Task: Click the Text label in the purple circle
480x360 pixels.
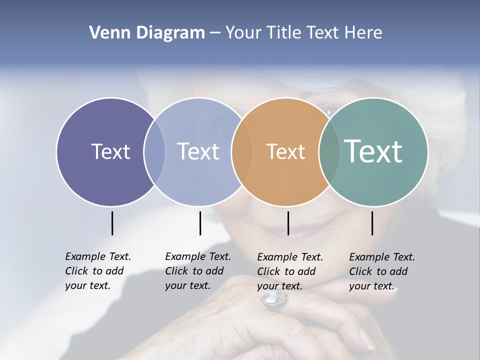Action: coord(110,151)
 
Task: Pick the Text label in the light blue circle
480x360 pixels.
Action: coord(198,151)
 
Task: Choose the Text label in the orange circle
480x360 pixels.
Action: coord(285,151)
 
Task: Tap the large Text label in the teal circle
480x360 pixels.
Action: coord(373,151)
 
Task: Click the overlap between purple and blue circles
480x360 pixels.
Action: coord(154,151)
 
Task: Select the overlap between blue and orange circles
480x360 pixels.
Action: coord(242,151)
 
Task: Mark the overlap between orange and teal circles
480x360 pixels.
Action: coord(329,151)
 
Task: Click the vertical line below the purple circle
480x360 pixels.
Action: coord(112,223)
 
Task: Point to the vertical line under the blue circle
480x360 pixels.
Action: coord(200,223)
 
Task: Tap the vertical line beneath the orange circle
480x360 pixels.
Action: coord(288,223)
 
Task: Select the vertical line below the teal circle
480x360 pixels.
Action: coord(372,223)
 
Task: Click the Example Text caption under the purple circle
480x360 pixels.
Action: coord(98,271)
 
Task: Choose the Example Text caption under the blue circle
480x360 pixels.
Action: coord(198,271)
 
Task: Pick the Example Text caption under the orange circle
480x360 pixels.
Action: coord(290,271)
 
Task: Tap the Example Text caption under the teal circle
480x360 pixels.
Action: coord(382,271)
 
